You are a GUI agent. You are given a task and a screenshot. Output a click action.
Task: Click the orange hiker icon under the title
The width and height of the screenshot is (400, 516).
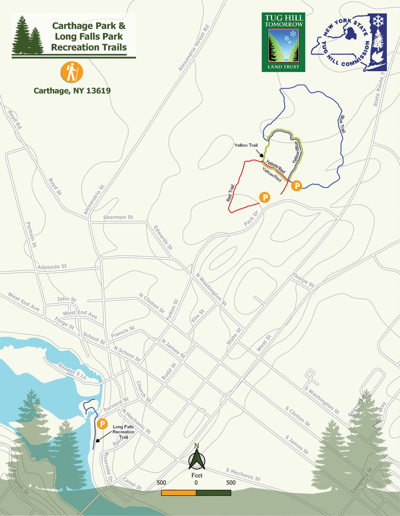click(72, 72)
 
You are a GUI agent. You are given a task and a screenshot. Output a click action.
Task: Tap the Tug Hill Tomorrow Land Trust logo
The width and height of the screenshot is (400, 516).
click(283, 42)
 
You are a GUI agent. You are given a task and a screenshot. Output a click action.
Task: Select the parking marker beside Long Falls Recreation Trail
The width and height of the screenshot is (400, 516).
click(102, 424)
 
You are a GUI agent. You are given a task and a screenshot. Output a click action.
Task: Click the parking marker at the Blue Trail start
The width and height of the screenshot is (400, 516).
click(297, 186)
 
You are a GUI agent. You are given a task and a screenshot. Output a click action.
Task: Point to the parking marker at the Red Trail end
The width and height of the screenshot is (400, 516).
click(265, 197)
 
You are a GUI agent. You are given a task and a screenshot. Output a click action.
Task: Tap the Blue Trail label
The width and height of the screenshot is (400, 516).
click(342, 124)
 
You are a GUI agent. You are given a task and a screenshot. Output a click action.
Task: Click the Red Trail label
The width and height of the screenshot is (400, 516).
click(230, 193)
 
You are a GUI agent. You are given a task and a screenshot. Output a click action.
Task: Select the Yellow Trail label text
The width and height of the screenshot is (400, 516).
click(246, 145)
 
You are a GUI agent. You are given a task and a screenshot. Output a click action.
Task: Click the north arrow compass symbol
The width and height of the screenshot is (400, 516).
click(197, 459)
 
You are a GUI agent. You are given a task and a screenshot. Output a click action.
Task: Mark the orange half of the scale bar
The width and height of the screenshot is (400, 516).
click(179, 493)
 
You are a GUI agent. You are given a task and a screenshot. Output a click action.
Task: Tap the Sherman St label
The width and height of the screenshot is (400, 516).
click(118, 217)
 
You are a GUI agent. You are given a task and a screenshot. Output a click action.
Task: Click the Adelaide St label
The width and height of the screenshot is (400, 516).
click(52, 267)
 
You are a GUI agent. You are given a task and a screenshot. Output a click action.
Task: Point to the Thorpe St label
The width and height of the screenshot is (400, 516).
click(303, 280)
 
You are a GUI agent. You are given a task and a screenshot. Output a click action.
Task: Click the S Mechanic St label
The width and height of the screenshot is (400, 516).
click(243, 474)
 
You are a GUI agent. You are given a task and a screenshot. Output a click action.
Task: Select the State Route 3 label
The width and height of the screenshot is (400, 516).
click(379, 89)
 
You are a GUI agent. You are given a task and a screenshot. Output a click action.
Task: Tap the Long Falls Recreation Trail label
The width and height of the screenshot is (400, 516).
click(123, 432)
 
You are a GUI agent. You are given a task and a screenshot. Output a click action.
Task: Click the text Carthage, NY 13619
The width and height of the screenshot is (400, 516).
click(72, 91)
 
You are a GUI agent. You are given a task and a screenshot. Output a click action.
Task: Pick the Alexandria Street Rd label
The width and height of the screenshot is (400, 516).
click(194, 48)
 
